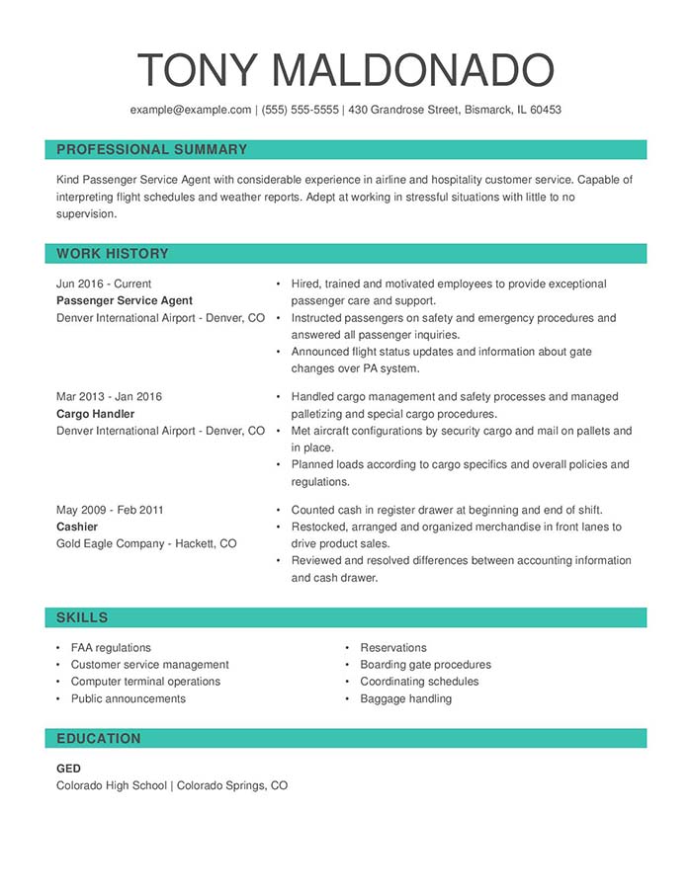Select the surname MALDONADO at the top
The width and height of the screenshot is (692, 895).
pos(412,70)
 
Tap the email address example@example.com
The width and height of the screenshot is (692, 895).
pos(191,110)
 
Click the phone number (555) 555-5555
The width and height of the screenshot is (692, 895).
pos(300,110)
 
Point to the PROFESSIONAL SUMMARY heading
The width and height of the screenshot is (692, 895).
pos(151,149)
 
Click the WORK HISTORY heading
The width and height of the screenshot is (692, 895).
pos(113,254)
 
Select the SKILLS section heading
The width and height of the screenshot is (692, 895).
pos(82,617)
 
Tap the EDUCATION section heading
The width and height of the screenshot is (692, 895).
pos(99,738)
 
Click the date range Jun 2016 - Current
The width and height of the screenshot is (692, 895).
pos(104,284)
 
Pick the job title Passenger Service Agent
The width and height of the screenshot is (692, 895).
pos(125,300)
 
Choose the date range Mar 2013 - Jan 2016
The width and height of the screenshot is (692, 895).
pos(109,397)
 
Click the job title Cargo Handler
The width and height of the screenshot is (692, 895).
pos(95,414)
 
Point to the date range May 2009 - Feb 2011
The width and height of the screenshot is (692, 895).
pos(110,510)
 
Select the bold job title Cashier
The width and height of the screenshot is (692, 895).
pos(77,527)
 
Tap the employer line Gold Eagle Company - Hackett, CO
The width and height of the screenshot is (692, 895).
pos(146,543)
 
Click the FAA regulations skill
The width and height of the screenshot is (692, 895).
pos(111,648)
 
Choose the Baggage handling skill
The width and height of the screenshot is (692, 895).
pos(405,698)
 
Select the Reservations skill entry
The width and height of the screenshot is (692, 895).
pos(393,648)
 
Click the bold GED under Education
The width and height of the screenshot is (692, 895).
pos(68,769)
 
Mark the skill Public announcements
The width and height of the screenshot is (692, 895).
pos(128,698)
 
